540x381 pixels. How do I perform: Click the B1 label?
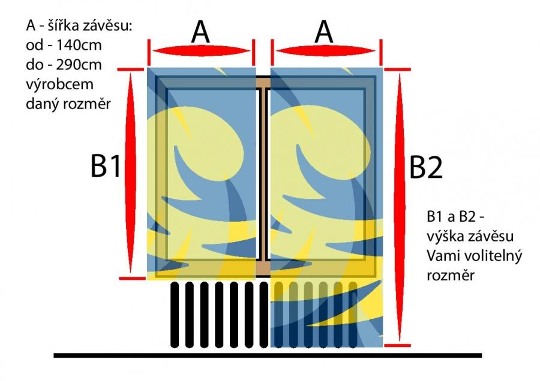tap(106, 167)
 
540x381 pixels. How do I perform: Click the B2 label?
tap(425, 168)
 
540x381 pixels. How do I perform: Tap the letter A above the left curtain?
tap(200, 32)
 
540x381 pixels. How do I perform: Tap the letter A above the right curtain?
tap(324, 32)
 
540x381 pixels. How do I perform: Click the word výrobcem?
tap(59, 84)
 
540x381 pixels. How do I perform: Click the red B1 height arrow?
tap(131, 173)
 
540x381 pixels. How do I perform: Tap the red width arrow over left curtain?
tap(201, 51)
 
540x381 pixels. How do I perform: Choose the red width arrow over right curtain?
tap(325, 51)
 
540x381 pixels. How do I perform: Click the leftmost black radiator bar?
tap(175, 315)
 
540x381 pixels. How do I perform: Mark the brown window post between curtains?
tap(263, 176)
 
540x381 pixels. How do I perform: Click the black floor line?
tap(268, 356)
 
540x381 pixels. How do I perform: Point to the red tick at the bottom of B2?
tap(397, 345)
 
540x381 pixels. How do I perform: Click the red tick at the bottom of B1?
tap(133, 278)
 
